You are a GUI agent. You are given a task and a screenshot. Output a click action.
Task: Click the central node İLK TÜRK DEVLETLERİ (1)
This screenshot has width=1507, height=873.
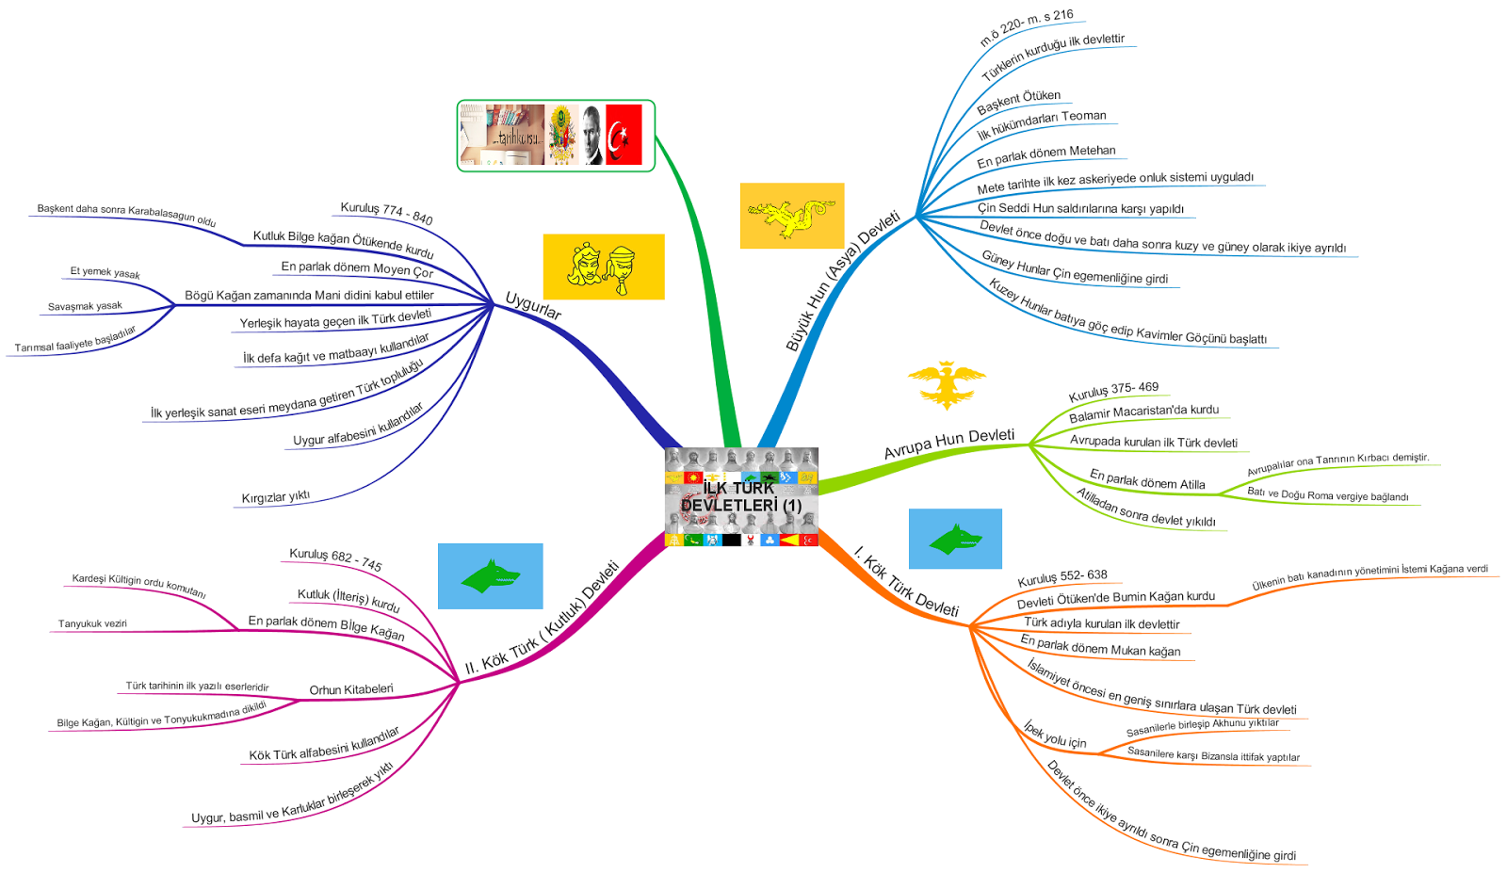[741, 496]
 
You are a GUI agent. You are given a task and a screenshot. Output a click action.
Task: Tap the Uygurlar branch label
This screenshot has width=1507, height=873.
[533, 306]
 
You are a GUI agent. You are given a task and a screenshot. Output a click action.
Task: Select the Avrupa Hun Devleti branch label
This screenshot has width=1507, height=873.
[948, 443]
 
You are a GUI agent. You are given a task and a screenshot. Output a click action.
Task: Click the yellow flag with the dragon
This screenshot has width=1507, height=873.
[791, 216]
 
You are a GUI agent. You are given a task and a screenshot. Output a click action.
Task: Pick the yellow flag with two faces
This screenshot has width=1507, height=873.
[603, 267]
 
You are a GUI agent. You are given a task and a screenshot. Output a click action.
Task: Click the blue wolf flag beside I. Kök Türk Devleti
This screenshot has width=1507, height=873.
[954, 539]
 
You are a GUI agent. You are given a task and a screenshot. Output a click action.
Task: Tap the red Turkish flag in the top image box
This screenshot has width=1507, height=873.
[624, 135]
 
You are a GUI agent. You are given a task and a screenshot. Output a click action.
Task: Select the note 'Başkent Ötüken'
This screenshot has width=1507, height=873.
[1018, 101]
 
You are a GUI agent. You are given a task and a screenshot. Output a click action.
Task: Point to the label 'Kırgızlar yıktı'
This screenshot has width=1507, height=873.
[275, 496]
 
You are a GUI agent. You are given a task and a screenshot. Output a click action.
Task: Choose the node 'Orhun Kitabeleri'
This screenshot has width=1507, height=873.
[351, 689]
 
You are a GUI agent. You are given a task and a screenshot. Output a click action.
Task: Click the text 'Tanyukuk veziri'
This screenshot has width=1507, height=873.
[92, 623]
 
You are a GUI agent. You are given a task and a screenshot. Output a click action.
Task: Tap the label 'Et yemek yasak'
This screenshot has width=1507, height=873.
[105, 272]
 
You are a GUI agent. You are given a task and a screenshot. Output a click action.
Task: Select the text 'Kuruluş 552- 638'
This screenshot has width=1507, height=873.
[1061, 577]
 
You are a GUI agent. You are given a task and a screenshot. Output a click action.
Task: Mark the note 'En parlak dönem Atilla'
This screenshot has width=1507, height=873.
[1147, 479]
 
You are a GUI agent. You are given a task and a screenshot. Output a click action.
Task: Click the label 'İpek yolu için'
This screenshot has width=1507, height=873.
[1055, 736]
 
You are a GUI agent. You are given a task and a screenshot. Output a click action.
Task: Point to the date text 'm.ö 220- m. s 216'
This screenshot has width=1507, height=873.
[1026, 28]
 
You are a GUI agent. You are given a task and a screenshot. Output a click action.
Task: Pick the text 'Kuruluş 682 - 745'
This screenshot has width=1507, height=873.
[335, 559]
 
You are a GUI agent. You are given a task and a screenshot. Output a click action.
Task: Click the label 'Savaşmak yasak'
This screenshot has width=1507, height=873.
[85, 306]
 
